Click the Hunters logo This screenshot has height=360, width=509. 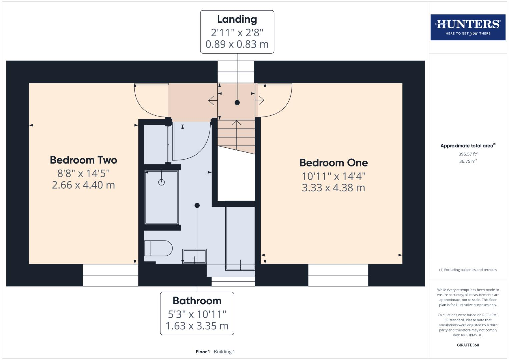coord(468,27)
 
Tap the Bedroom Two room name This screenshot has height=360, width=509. coord(83,160)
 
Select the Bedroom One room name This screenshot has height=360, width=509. coord(333,163)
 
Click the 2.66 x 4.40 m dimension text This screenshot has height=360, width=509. coord(83,185)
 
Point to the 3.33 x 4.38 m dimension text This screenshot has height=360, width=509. coord(333,188)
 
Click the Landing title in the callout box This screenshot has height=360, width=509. coord(237,19)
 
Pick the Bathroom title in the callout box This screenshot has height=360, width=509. coord(197,301)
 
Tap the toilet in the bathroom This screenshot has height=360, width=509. coord(158,248)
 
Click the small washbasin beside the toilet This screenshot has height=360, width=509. coord(194,256)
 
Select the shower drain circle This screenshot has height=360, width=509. coord(161,182)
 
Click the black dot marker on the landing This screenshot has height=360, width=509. coord(237,103)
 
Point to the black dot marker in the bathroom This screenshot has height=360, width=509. coord(197,205)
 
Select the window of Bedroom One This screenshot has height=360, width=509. coord(338,275)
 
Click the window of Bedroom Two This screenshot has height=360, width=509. coord(110,275)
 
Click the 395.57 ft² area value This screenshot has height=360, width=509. coord(468,154)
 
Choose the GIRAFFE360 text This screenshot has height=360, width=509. coord(468,345)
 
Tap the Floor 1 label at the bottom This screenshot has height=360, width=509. coord(203,352)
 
